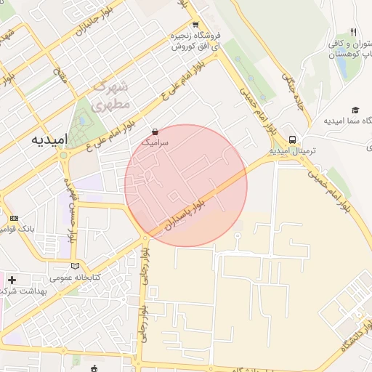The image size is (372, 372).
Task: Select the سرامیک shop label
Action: (155, 143)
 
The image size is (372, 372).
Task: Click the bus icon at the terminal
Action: (292, 139)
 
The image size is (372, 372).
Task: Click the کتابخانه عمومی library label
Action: (75, 278)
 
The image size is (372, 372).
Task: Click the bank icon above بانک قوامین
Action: (15, 218)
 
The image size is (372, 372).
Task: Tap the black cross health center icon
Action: (12, 279)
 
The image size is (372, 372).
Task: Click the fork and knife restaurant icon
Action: (353, 32)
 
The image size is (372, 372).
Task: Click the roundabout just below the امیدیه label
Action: (64, 155)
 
